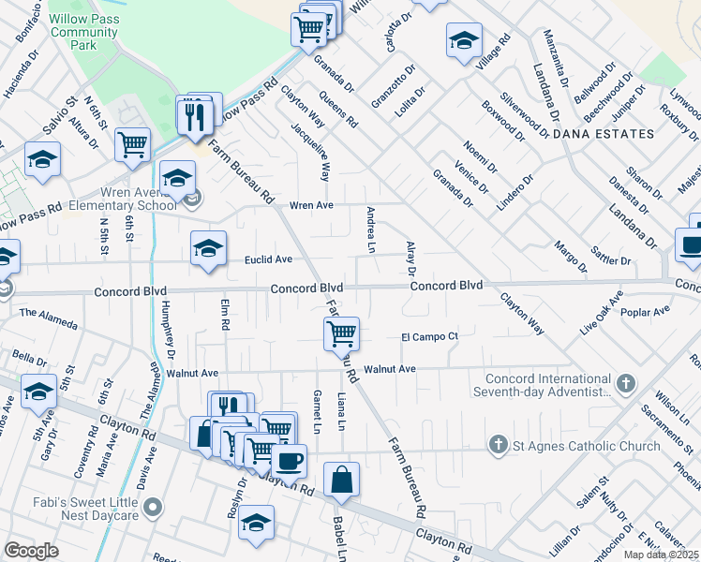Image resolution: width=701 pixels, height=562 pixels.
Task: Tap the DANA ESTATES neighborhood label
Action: [x=604, y=134]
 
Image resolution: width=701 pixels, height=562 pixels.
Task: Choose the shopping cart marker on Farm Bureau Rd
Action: [x=342, y=333]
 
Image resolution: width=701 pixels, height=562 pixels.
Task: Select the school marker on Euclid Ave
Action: [x=209, y=248]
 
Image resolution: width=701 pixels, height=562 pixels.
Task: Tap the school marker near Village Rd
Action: [x=463, y=40]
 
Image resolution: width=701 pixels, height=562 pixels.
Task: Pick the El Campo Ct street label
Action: [x=429, y=336]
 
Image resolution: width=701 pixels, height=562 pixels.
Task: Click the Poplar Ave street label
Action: [x=651, y=310]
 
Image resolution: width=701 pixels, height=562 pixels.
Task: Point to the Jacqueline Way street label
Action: [x=324, y=155]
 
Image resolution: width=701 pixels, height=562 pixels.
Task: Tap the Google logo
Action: [x=31, y=551]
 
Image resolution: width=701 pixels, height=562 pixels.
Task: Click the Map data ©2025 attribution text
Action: [x=662, y=555]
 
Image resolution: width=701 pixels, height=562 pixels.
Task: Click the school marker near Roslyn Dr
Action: [x=255, y=523]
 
